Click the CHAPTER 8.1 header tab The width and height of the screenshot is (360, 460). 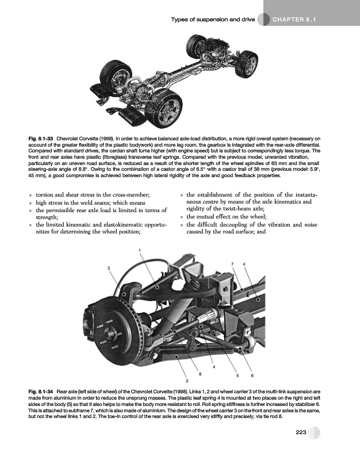point(294,20)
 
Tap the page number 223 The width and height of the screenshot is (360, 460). point(301,432)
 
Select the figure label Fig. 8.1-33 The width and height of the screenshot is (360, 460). point(40,139)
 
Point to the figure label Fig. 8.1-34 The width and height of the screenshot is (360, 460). point(40,392)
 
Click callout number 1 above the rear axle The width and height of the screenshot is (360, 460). point(140,250)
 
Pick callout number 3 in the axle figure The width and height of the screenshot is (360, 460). point(109,268)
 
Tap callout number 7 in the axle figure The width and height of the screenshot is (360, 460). point(232,264)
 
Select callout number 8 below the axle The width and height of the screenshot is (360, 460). point(200,374)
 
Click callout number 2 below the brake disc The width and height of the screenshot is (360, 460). point(186,381)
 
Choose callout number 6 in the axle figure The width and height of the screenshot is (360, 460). point(252,375)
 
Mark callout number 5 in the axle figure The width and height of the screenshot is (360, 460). point(238,375)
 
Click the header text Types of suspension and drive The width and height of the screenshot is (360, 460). point(213,20)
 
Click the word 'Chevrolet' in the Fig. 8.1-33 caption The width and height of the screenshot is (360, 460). point(66,139)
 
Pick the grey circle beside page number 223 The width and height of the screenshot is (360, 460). point(314,432)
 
